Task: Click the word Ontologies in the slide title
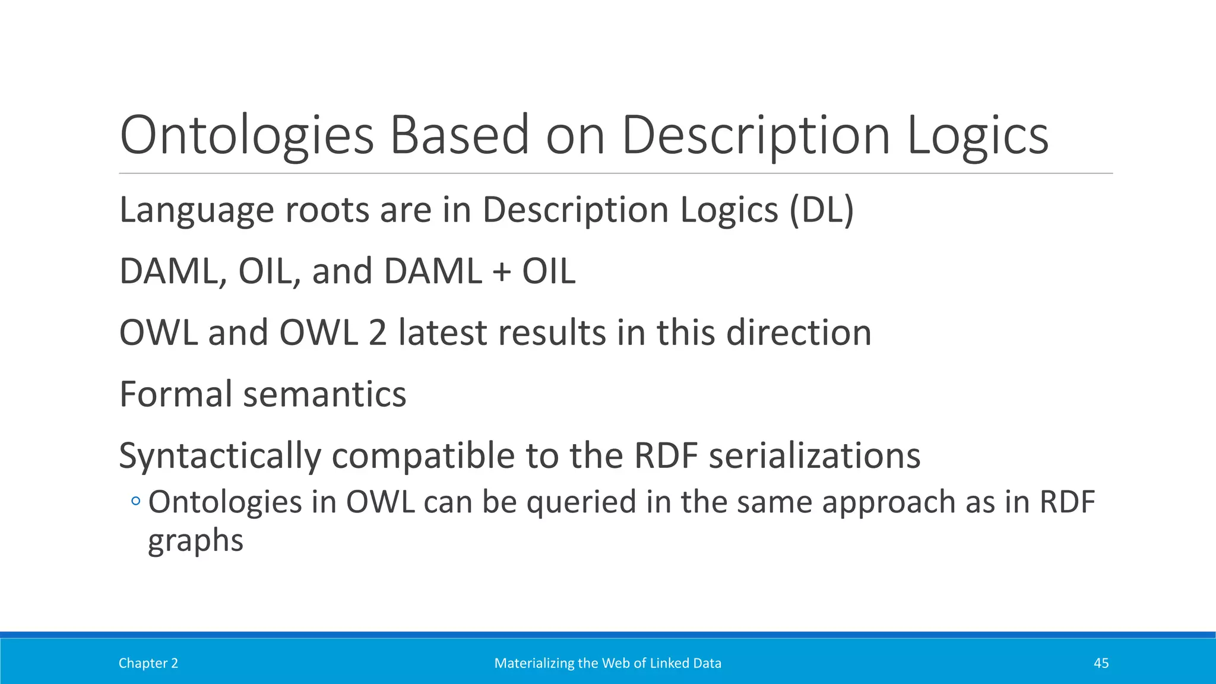tap(246, 137)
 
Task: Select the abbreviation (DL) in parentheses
tap(821, 210)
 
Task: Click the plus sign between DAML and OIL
tap(502, 272)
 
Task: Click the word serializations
tap(815, 456)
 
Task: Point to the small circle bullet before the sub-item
tap(136, 502)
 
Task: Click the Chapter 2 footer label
tap(148, 663)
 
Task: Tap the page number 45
tap(1101, 663)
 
